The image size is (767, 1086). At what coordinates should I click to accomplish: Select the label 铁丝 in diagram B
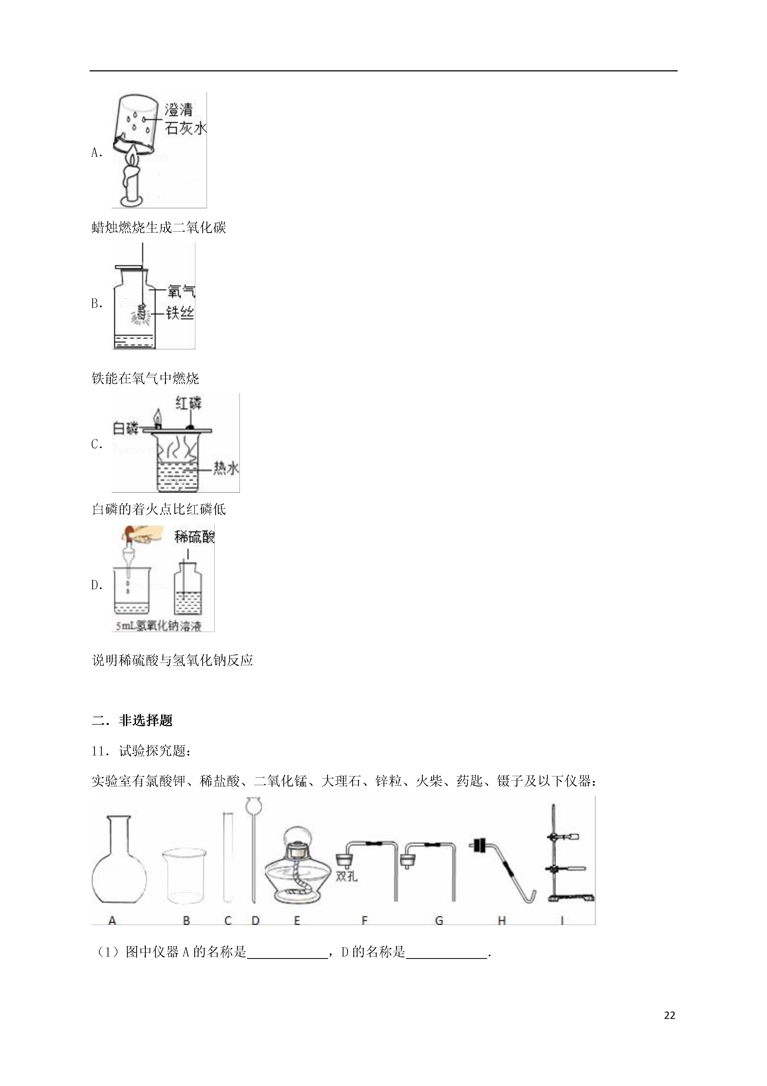coord(180,313)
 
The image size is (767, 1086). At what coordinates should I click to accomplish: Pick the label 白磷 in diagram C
coord(125,429)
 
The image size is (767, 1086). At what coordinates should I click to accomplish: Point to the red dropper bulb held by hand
coord(129,532)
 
